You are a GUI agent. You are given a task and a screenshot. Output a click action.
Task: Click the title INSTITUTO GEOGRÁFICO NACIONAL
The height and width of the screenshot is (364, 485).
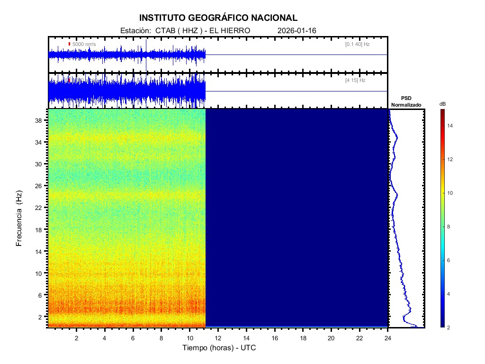[x=218, y=18]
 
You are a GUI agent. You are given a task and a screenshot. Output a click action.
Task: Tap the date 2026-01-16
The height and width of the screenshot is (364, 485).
[x=297, y=30]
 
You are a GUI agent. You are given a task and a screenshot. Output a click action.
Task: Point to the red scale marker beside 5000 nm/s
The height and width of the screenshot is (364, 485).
[x=69, y=44]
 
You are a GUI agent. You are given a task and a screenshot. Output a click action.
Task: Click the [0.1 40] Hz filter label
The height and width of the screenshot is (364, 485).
[x=358, y=44]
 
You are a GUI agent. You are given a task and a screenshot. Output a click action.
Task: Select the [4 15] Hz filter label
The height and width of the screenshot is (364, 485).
[x=355, y=81]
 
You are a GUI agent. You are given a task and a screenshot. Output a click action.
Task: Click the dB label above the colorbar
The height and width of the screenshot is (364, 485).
[x=442, y=104]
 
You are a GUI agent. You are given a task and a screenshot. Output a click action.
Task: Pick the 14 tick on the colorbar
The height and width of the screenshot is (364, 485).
[x=451, y=126]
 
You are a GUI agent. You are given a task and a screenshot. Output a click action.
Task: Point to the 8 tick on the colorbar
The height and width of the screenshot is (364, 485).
[x=450, y=227]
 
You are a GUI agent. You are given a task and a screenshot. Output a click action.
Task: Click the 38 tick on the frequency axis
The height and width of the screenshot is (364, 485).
[x=41, y=120]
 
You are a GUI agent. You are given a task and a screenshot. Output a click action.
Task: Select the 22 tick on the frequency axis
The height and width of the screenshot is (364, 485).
[x=41, y=208]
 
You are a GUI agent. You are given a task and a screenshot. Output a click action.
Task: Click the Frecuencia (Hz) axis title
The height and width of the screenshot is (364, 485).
[x=19, y=218]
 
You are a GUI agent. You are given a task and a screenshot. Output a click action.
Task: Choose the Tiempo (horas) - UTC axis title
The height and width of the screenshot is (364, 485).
[x=219, y=348]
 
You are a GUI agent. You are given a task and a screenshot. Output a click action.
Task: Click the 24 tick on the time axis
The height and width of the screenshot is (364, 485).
[x=388, y=338]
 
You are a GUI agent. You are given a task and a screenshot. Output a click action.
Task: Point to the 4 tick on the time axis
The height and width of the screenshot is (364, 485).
[x=105, y=338]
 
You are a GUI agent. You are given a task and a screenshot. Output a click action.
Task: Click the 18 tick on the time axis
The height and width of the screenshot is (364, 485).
[x=303, y=338]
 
